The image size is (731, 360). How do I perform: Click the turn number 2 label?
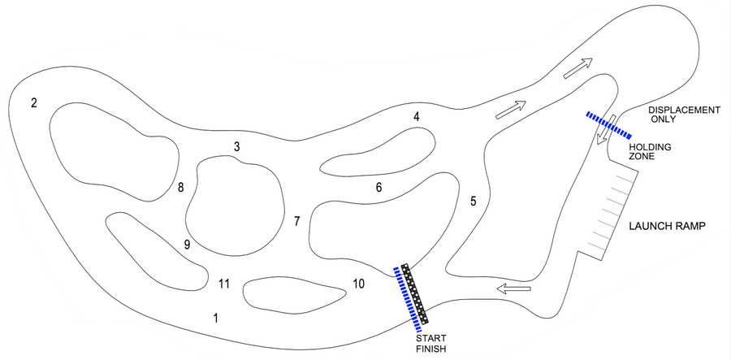point(33,102)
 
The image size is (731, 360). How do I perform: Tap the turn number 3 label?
point(237,147)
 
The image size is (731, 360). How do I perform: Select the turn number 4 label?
point(417,116)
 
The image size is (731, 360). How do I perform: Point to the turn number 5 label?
point(474,202)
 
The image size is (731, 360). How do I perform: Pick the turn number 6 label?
point(378,188)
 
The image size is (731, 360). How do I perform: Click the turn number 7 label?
point(297,222)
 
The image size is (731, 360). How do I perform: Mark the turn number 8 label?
point(181,188)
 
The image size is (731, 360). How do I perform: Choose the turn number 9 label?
point(187,245)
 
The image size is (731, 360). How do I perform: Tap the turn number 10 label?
point(358,284)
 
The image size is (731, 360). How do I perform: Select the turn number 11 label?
point(224,284)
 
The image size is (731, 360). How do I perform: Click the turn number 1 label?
point(215,319)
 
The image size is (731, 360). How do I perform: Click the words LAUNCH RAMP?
point(667,226)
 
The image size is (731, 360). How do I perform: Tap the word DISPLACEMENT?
point(685,110)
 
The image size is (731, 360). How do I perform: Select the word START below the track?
point(430,339)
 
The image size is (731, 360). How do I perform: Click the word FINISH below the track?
point(431,349)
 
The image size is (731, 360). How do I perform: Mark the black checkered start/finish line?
point(414,294)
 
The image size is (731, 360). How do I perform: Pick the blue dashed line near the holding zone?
point(609,125)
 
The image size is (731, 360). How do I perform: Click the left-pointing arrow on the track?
point(514,288)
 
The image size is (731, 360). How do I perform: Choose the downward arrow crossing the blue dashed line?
point(606,129)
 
